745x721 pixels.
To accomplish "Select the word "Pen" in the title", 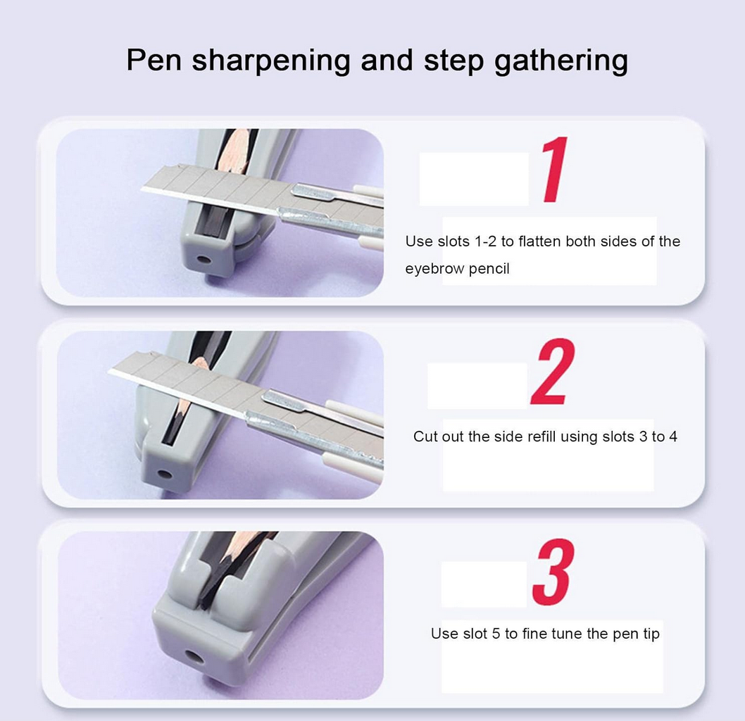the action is coord(154,60).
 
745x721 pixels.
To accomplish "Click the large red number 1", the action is coord(554,169).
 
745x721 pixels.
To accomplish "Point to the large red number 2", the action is coord(553,372).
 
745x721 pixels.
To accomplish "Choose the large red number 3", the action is coord(553,572).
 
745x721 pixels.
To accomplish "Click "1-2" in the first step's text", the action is coord(485,242).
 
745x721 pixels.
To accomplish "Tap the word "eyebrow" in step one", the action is coord(434,269).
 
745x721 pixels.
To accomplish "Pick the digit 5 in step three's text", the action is coord(496,634).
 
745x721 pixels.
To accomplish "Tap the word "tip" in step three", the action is coord(651,634).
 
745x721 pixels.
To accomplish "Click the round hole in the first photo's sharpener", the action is coord(204,261).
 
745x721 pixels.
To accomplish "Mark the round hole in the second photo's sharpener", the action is coord(164,474).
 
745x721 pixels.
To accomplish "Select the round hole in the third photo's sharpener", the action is coord(193,658).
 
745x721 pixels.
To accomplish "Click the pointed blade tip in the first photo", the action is coord(142,190).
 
